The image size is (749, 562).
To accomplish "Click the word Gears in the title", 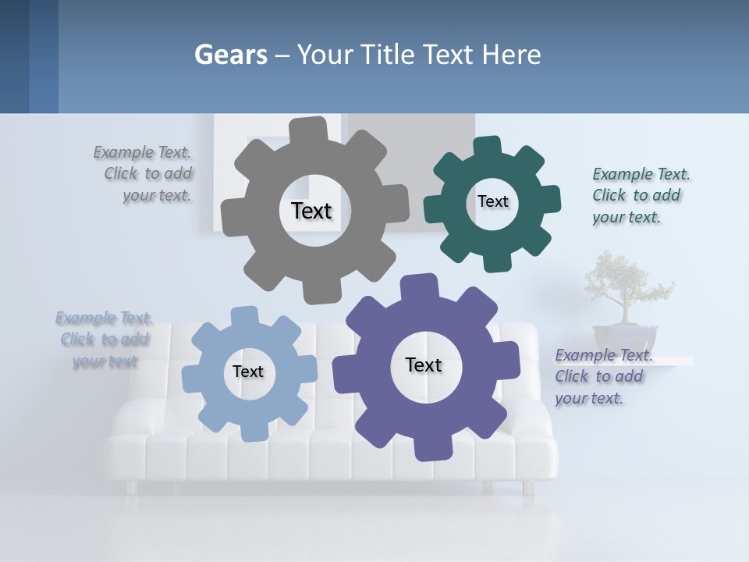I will pyautogui.click(x=231, y=55).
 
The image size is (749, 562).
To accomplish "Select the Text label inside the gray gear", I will pyautogui.click(x=311, y=211).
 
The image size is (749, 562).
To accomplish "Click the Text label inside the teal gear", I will pyautogui.click(x=492, y=201).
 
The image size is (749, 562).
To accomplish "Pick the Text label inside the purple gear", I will pyautogui.click(x=424, y=365).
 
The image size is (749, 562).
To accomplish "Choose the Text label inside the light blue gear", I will pyautogui.click(x=248, y=372).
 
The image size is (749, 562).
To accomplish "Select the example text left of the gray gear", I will pyautogui.click(x=144, y=174).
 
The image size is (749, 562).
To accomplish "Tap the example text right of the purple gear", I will pyautogui.click(x=601, y=376).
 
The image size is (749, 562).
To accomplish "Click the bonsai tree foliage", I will pyautogui.click(x=624, y=281).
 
